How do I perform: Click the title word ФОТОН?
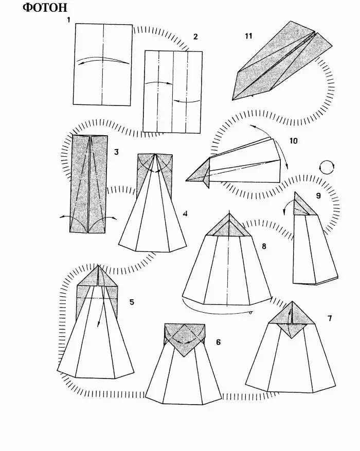[45, 8]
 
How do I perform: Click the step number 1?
[68, 20]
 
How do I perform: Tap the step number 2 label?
[195, 37]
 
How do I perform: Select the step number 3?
[116, 152]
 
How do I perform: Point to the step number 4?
[185, 214]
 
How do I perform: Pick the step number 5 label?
[132, 302]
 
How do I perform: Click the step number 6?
[218, 342]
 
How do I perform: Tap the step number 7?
[330, 318]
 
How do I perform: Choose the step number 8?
[264, 246]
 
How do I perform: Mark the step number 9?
[318, 195]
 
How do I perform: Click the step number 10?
[293, 141]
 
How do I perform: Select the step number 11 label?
[249, 36]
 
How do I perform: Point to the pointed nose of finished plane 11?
[232, 100]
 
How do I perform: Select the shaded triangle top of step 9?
[302, 205]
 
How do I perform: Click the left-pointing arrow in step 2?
[187, 101]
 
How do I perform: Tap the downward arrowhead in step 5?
[98, 324]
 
